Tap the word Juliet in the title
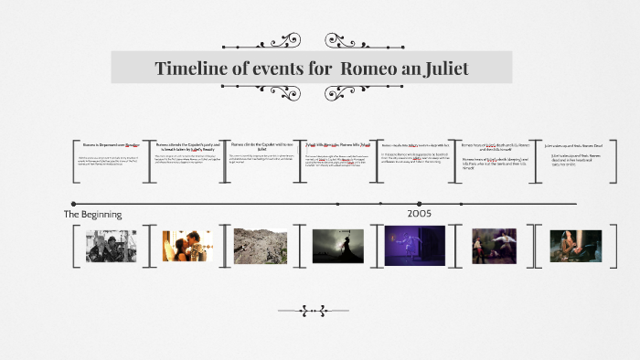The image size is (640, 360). click(439, 68)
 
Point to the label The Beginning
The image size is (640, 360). click(92, 214)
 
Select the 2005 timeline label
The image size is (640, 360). click(420, 213)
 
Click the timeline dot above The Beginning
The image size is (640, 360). click(72, 204)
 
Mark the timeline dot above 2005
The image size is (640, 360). click(420, 204)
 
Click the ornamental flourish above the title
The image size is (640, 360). click(312, 41)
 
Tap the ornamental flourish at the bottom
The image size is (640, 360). click(325, 311)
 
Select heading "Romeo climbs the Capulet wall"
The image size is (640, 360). click(261, 145)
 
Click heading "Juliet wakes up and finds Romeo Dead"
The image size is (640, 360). click(575, 145)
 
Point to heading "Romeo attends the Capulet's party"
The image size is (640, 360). click(187, 145)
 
